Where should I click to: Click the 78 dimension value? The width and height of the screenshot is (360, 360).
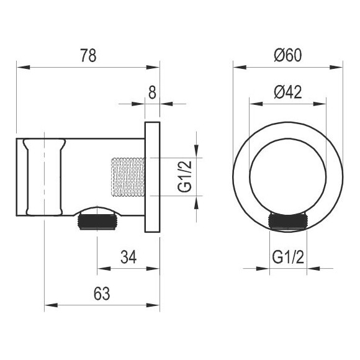88,55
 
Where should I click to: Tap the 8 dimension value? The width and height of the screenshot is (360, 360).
152,92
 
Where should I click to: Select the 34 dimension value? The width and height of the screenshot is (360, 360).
128,257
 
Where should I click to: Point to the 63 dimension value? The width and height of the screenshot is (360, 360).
102,294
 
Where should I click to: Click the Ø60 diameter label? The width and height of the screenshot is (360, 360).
287,55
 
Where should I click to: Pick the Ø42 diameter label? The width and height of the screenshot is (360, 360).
287,92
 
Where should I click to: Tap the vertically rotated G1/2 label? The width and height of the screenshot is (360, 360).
184,176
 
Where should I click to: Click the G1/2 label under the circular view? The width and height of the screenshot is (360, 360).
288,257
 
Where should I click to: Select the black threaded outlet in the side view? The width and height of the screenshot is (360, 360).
97,221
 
